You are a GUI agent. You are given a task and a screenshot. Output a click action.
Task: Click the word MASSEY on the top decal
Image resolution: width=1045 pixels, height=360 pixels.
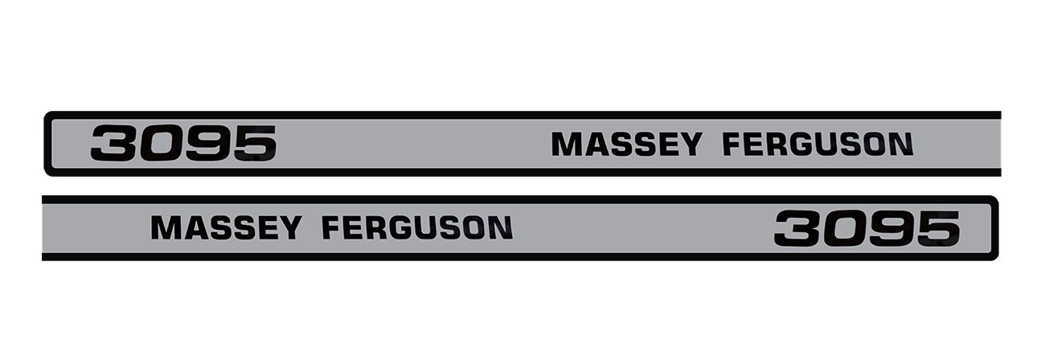click(x=626, y=144)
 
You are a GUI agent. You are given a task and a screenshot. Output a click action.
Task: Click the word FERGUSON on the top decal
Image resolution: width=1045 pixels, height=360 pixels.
click(x=818, y=144)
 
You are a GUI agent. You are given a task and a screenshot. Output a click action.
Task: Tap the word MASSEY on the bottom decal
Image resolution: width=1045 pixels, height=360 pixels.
click(x=226, y=227)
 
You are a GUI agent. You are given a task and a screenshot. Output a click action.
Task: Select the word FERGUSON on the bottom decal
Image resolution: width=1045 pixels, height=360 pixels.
click(x=417, y=227)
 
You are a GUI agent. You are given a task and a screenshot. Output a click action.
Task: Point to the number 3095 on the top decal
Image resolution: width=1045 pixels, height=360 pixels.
click(x=183, y=143)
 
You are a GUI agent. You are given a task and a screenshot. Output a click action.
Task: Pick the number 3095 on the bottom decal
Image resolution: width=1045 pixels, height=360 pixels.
click(x=867, y=228)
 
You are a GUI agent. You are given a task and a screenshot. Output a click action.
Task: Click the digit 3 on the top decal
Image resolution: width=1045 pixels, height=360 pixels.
click(x=113, y=143)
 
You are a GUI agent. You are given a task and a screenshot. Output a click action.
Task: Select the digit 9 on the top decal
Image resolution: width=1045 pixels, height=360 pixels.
click(x=207, y=143)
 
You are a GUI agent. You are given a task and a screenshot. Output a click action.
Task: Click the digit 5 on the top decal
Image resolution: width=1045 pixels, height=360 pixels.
click(x=254, y=143)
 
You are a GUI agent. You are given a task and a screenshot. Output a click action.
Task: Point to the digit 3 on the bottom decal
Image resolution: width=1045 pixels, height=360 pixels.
click(x=797, y=228)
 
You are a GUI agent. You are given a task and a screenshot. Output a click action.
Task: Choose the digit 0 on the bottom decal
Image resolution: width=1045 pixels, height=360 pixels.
click(x=843, y=228)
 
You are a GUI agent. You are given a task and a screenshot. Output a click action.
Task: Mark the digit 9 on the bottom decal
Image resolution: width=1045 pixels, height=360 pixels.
click(x=891, y=228)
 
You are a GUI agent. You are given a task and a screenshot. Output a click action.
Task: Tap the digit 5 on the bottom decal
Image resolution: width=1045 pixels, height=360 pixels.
click(x=938, y=228)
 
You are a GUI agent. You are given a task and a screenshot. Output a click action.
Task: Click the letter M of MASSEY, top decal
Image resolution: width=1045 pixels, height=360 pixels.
click(x=565, y=144)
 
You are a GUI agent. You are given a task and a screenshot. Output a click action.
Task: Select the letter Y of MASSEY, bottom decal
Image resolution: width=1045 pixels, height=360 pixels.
click(x=290, y=227)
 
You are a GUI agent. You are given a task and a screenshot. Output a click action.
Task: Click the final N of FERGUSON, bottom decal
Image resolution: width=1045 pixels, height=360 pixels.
click(x=502, y=227)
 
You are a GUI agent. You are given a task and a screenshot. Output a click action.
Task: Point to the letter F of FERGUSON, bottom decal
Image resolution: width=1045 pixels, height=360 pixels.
click(x=331, y=227)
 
